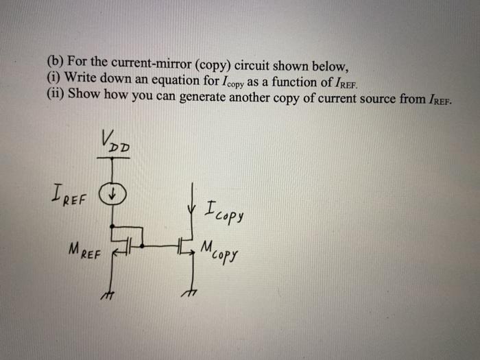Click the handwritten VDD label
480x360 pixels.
pyautogui.click(x=118, y=142)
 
